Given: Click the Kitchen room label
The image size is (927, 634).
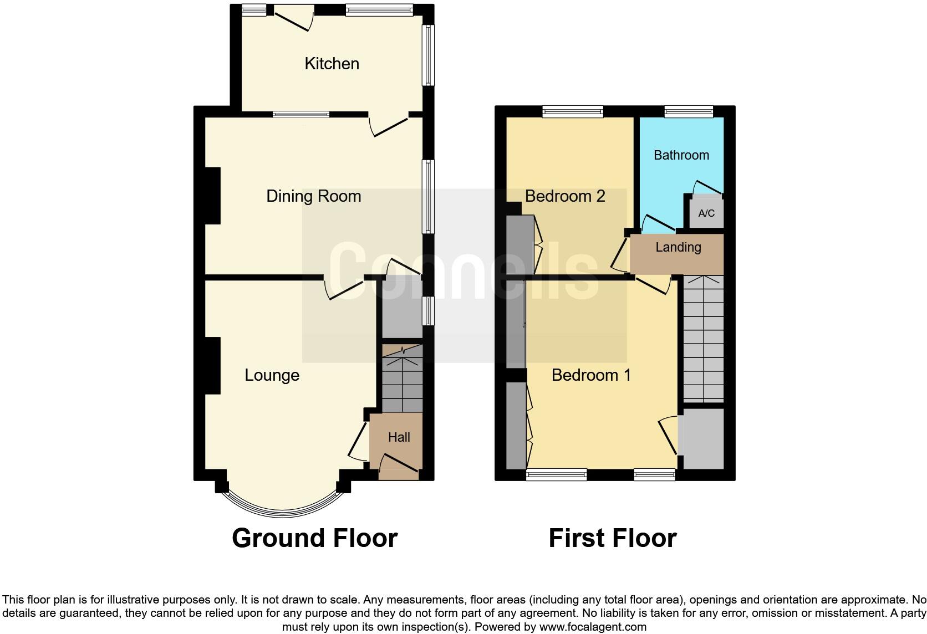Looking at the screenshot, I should (x=332, y=64).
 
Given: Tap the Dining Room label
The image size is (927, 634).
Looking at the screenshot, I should (x=313, y=196).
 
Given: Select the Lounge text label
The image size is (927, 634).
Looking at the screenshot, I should (x=272, y=375).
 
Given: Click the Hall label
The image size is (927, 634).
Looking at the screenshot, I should (x=399, y=437).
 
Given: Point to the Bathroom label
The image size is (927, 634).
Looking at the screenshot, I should (x=681, y=155).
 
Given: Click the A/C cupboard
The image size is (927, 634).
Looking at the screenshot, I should (x=706, y=213).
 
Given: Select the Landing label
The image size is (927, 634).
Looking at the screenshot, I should (x=678, y=247).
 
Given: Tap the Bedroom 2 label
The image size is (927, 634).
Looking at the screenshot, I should (x=564, y=196).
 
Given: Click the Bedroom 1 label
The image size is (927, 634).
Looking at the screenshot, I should (x=591, y=375).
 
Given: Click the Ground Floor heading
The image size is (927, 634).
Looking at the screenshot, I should (x=314, y=538).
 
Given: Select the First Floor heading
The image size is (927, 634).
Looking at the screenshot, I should (x=612, y=538).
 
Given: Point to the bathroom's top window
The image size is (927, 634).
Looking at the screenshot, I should (x=689, y=112).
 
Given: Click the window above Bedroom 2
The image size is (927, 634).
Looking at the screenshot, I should (x=572, y=112).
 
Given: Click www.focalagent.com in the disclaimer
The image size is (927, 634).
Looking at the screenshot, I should (x=593, y=627).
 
